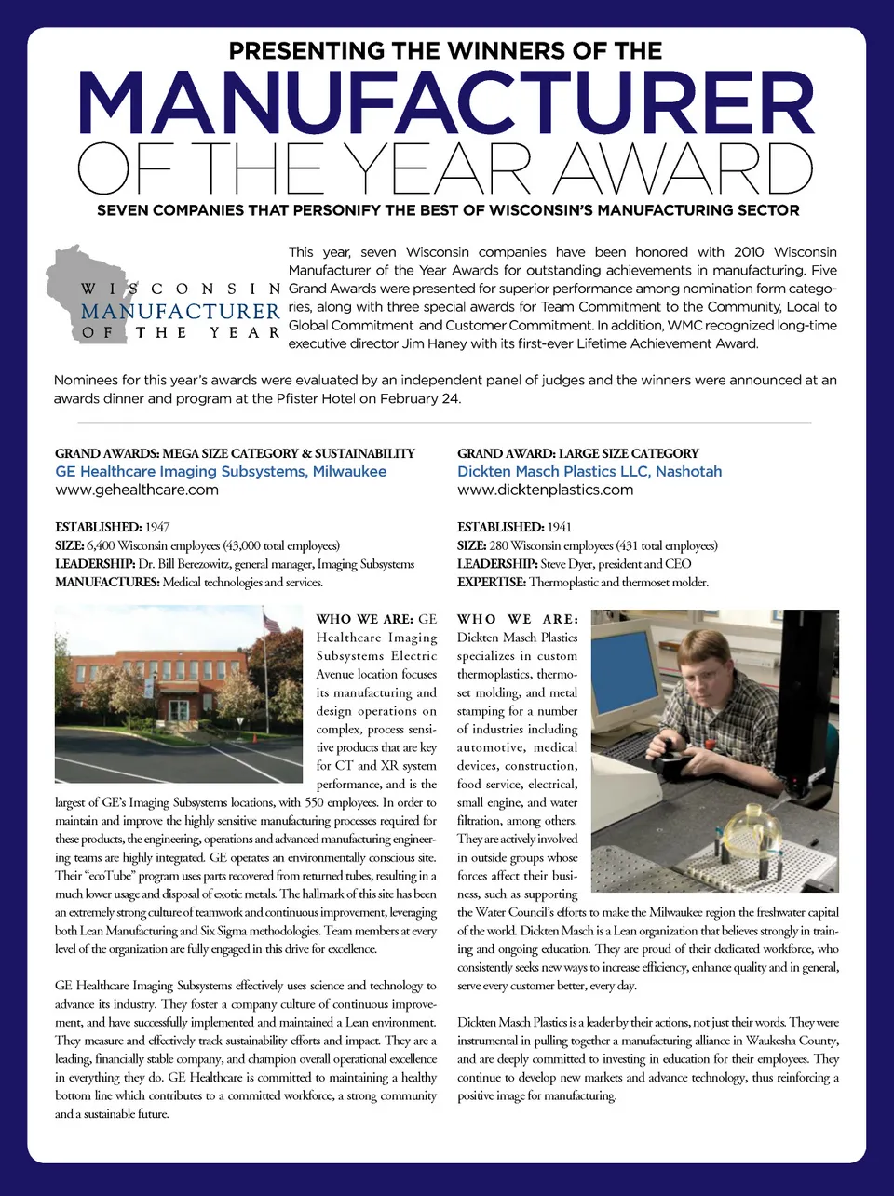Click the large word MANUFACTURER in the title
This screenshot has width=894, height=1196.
[446, 103]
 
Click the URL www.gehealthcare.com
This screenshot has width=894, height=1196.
[137, 490]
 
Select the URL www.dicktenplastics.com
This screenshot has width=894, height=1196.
[545, 490]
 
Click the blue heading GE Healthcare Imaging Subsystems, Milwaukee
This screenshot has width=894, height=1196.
[221, 471]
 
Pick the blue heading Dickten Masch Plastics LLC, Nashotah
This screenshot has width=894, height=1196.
[589, 471]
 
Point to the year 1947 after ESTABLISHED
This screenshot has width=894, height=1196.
[157, 527]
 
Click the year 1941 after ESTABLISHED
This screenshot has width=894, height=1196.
[560, 527]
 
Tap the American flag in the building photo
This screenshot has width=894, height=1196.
[271, 623]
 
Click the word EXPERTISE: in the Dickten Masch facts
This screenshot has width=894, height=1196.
[491, 583]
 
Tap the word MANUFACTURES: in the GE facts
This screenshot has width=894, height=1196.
[107, 583]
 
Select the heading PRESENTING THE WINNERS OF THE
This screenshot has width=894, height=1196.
[446, 50]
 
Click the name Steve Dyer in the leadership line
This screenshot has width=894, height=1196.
[564, 564]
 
